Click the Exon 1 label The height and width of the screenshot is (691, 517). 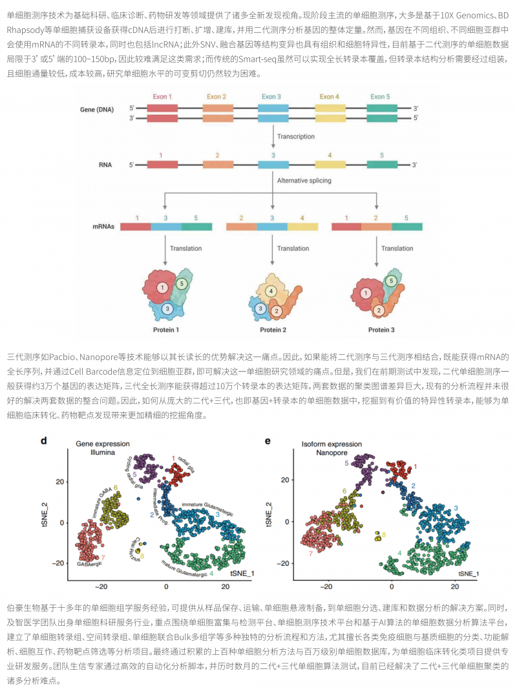pos(162,97)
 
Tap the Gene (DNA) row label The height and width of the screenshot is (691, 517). pos(97,109)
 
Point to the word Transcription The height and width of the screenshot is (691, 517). pos(296,137)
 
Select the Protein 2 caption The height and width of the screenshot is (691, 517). pos(273,330)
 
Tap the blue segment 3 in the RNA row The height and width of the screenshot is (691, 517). pos(273,165)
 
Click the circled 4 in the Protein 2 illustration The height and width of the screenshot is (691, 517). pos(271,291)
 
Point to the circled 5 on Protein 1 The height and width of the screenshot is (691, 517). pos(182,283)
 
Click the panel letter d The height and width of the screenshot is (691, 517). pos(44,441)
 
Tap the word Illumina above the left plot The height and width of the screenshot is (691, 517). pos(102,453)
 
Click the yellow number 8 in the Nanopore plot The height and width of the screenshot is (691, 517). pos(384,535)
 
